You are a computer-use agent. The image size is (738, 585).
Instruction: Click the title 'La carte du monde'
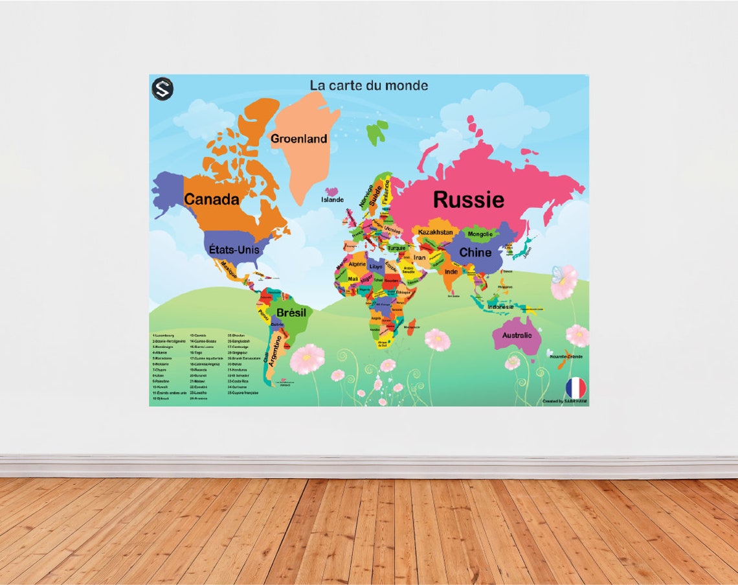368,86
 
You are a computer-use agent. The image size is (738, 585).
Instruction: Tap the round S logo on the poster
162,89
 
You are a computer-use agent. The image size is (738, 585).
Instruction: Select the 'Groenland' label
298,139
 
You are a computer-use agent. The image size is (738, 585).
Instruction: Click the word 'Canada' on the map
212,200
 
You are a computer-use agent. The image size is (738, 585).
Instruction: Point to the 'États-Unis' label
234,249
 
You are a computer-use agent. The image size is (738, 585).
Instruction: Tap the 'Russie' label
468,200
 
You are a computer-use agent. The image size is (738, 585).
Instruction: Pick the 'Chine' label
475,253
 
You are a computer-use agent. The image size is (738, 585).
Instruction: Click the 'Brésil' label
291,313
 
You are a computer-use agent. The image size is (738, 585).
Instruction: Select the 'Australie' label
517,335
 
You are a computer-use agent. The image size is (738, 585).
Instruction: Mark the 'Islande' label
332,200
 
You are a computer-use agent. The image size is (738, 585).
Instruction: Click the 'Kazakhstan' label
435,232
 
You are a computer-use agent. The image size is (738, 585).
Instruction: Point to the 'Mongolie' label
480,234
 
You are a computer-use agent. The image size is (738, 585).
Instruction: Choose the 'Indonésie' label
500,306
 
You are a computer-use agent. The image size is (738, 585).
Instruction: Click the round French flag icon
576,387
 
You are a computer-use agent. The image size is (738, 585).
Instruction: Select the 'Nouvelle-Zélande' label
566,356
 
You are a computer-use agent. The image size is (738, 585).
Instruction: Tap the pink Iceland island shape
333,192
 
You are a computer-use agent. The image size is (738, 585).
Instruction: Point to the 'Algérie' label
357,264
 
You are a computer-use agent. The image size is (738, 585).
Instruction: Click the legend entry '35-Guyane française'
243,393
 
